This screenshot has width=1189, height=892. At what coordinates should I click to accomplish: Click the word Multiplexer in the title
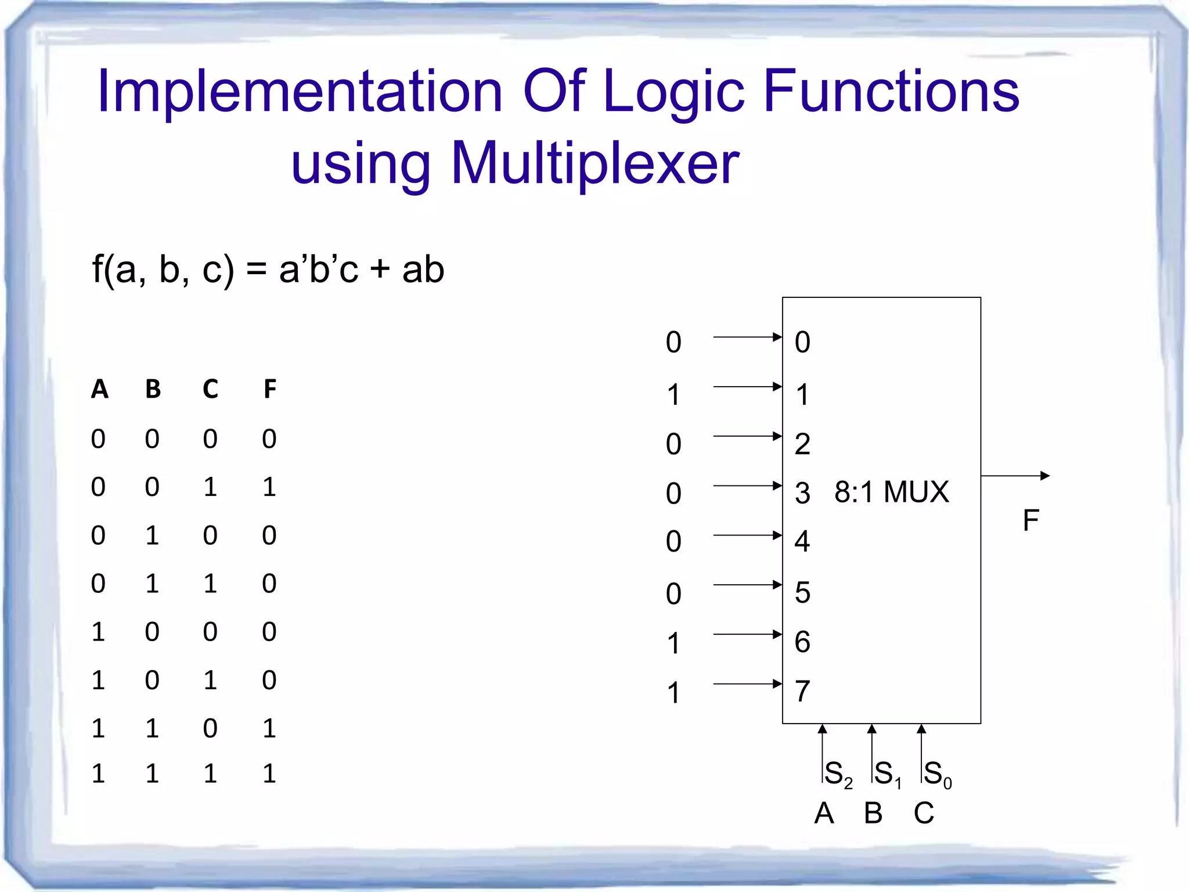[x=595, y=164]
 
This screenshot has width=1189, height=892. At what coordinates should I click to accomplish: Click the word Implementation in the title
[x=300, y=92]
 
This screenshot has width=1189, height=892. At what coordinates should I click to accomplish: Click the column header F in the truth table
[x=270, y=389]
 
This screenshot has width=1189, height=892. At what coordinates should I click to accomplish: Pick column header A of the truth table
[x=100, y=389]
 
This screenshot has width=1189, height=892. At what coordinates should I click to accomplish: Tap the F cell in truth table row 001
[x=269, y=487]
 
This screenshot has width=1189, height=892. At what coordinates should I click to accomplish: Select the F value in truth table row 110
[x=269, y=728]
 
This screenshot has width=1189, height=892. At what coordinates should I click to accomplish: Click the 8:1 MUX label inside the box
[x=891, y=492]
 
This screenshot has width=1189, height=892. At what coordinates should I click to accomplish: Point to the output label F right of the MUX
[x=1031, y=520]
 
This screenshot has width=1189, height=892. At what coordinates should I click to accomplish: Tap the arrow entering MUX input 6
[x=747, y=634]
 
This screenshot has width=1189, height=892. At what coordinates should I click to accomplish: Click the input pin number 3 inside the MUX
[x=802, y=493]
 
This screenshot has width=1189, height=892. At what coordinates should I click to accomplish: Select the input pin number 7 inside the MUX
[x=802, y=691]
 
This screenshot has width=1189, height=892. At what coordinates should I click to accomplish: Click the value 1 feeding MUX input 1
[x=673, y=395]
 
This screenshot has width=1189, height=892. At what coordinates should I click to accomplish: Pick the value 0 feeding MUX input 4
[x=673, y=541]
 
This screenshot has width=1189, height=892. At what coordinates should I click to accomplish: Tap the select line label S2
[x=838, y=774]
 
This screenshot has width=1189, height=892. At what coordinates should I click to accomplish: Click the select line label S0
[x=937, y=774]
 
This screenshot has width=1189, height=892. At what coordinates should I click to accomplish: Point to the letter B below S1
[x=873, y=813]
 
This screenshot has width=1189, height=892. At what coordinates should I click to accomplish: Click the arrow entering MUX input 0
[x=747, y=337]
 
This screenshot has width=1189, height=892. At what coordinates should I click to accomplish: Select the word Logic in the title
[x=673, y=92]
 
